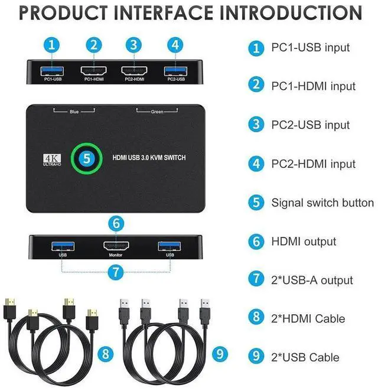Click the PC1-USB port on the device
pyautogui.click(x=53, y=71)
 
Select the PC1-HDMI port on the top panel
pyautogui.click(x=94, y=71)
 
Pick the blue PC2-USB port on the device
pyautogui.click(x=175, y=71)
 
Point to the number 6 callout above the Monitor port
pyautogui.click(x=116, y=223)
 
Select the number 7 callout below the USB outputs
pyautogui.click(x=116, y=272)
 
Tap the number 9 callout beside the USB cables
pyautogui.click(x=220, y=354)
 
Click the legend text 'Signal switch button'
pyautogui.click(x=322, y=203)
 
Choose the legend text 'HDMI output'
pyautogui.click(x=304, y=242)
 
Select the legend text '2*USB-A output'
pyautogui.click(x=312, y=281)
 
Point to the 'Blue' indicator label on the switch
pyautogui.click(x=74, y=110)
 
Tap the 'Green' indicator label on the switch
pyautogui.click(x=157, y=110)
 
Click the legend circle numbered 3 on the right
pyautogui.click(x=256, y=125)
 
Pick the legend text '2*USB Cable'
pyautogui.click(x=305, y=357)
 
